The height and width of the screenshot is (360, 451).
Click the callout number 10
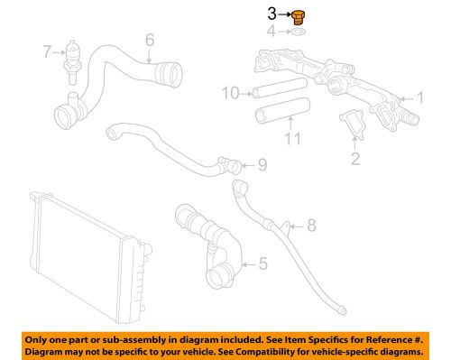pos(232,92)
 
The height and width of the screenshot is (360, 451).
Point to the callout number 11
pos(290,140)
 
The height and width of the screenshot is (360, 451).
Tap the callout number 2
pos(354,161)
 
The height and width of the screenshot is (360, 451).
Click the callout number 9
pos(262,163)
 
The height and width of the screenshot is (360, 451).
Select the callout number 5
pos(262,264)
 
